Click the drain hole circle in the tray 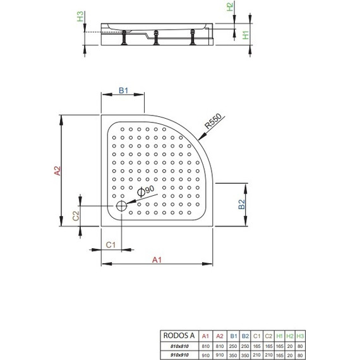click(x=121, y=205)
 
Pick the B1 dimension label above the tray click(x=124, y=92)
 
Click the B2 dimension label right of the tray click(x=242, y=204)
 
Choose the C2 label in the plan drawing click(x=75, y=215)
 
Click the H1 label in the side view click(x=246, y=36)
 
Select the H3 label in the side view click(x=80, y=17)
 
